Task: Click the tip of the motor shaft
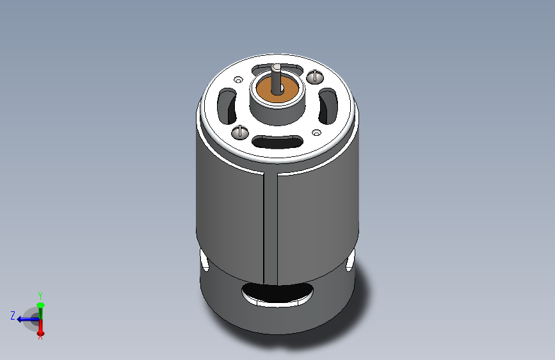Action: point(276,67)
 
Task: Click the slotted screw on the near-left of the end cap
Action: point(241,131)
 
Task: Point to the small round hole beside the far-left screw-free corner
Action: point(238,80)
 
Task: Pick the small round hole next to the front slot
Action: point(316,133)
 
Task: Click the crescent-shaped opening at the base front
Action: point(277,295)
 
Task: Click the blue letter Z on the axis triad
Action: point(12,315)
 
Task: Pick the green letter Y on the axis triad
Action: point(40,295)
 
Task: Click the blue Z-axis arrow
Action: point(24,318)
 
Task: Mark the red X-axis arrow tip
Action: point(40,332)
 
